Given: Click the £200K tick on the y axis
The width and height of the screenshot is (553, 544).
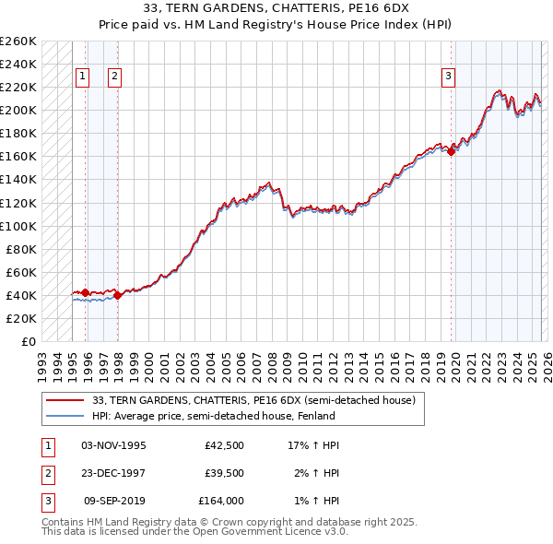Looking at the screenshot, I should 18,110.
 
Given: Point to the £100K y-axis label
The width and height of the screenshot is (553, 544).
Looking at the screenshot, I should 18,226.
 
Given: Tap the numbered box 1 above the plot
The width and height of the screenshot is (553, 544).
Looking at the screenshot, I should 84,77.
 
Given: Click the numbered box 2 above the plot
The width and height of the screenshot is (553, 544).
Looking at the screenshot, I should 114,77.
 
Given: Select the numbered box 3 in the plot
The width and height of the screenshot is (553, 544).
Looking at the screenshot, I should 448,77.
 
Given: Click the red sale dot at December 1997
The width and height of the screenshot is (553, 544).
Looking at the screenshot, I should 118,296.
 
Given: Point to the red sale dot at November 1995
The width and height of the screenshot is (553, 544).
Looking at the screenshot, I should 86,292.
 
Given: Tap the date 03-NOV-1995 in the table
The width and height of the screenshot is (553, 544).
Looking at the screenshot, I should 114,445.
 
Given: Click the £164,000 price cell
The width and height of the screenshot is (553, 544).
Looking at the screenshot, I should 221,502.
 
